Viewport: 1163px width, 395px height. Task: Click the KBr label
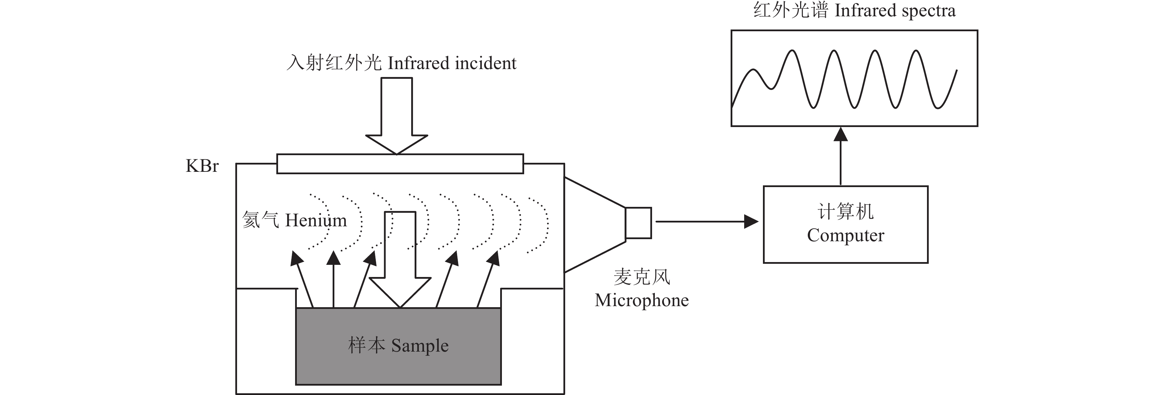pyautogui.click(x=202, y=166)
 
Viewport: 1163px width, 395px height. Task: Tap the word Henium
pyautogui.click(x=316, y=220)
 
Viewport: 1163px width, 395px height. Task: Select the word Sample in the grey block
pyautogui.click(x=420, y=346)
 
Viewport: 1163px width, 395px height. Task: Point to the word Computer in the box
pyautogui.click(x=846, y=235)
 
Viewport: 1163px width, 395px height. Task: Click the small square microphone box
pyautogui.click(x=638, y=223)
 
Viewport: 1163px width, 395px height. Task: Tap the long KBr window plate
pyautogui.click(x=400, y=164)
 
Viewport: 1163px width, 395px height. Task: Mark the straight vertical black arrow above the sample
pyautogui.click(x=334, y=279)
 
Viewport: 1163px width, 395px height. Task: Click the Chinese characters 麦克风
pyautogui.click(x=642, y=277)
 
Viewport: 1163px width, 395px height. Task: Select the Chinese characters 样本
pyautogui.click(x=366, y=346)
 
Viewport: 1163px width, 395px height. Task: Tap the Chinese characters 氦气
pyautogui.click(x=260, y=220)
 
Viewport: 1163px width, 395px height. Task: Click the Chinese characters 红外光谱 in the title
pyautogui.click(x=790, y=11)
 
